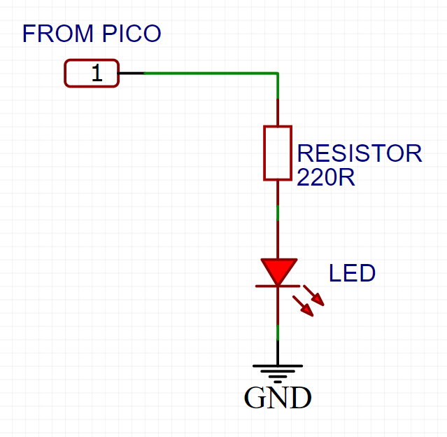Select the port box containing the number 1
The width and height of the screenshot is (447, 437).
92,74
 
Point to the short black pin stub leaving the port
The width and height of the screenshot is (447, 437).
132,73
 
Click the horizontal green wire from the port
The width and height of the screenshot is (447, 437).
210,73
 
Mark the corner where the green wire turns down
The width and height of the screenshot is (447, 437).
278,74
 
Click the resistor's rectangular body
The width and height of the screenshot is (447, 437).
278,153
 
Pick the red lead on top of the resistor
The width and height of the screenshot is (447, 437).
278,112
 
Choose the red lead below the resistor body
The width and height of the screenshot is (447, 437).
278,193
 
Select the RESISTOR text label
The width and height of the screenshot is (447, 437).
360,153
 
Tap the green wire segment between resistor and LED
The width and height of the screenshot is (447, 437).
278,212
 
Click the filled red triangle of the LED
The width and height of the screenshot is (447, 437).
278,269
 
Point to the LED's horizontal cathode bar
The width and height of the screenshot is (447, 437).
278,285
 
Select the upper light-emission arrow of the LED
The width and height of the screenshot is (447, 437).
315,296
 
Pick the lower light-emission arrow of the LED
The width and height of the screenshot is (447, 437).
304,305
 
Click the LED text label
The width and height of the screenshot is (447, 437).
353,273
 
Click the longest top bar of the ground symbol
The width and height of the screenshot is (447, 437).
278,366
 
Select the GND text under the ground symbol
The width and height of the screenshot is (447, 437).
278,398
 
